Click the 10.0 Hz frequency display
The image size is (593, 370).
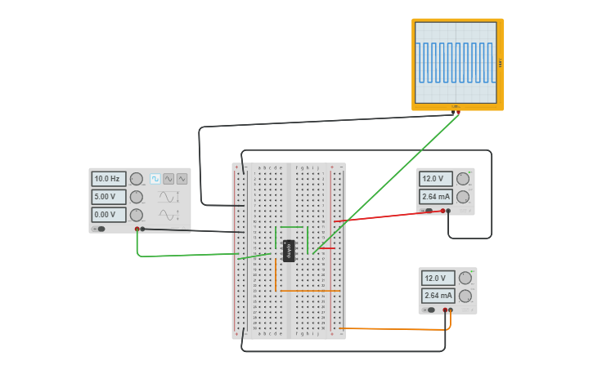(108, 179)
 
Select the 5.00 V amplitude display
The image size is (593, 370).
(108, 197)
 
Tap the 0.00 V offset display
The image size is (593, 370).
(108, 215)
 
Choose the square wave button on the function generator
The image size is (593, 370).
(155, 179)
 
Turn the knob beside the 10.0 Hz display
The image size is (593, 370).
(136, 179)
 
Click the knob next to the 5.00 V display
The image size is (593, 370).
(136, 197)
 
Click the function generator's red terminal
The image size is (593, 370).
(137, 230)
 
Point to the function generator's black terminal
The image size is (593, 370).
(142, 230)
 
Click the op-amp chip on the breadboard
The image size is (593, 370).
(289, 251)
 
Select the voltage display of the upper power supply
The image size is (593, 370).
(435, 179)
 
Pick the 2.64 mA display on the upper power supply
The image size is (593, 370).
(435, 197)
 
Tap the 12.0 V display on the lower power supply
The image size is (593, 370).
(437, 279)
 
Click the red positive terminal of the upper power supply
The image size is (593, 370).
(443, 211)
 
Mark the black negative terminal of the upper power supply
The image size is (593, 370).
(448, 211)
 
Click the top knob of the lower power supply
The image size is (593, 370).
(465, 279)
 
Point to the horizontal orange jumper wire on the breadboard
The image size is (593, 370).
(308, 291)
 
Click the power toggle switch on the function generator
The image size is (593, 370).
(101, 230)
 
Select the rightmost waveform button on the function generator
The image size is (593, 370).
(182, 179)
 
